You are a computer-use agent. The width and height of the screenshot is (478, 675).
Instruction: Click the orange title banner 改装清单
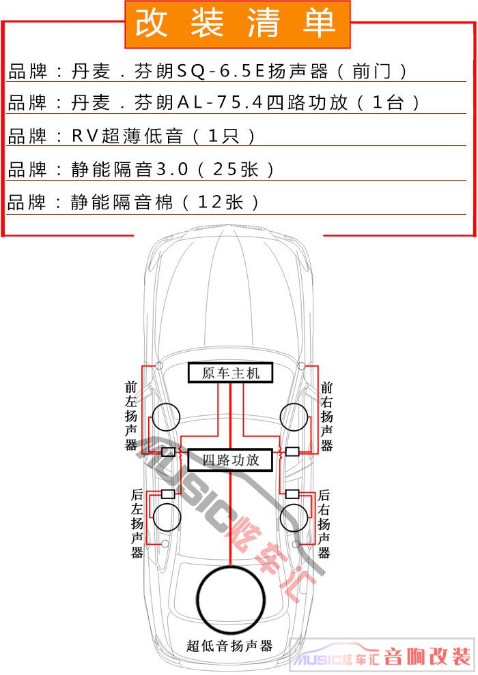[x=237, y=24]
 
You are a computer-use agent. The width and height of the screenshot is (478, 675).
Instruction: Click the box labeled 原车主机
[x=231, y=373]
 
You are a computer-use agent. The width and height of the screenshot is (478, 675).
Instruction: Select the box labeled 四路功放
[x=231, y=460]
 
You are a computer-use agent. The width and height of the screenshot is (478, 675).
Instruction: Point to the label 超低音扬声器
[x=229, y=646]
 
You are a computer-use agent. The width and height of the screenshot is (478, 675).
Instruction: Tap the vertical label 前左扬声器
[x=131, y=415]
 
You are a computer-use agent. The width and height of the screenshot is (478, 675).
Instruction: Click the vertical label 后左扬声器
[x=137, y=523]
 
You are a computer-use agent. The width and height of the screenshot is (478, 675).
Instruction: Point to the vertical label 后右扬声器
[x=324, y=523]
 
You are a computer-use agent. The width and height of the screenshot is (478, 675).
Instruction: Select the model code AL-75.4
[x=220, y=102]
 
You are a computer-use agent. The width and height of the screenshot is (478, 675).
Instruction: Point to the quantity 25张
[x=236, y=169]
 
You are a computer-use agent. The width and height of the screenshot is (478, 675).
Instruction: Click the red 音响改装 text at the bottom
[x=427, y=657]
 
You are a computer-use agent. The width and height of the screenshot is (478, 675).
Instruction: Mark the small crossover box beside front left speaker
[x=168, y=452]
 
